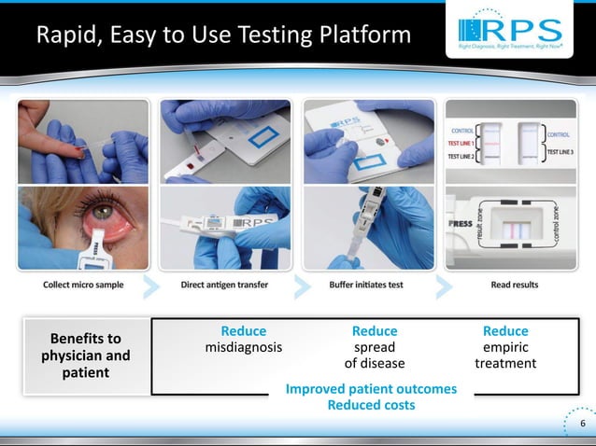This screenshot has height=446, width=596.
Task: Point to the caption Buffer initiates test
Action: click(365, 284)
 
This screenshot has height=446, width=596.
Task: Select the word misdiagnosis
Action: click(243, 348)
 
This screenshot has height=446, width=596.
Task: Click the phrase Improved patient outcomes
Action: click(372, 389)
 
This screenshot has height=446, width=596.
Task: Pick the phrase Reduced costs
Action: click(372, 405)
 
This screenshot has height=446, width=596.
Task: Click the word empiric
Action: click(505, 348)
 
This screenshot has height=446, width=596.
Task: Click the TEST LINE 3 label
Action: click(562, 152)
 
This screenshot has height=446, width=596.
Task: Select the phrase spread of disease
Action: click(374, 355)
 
